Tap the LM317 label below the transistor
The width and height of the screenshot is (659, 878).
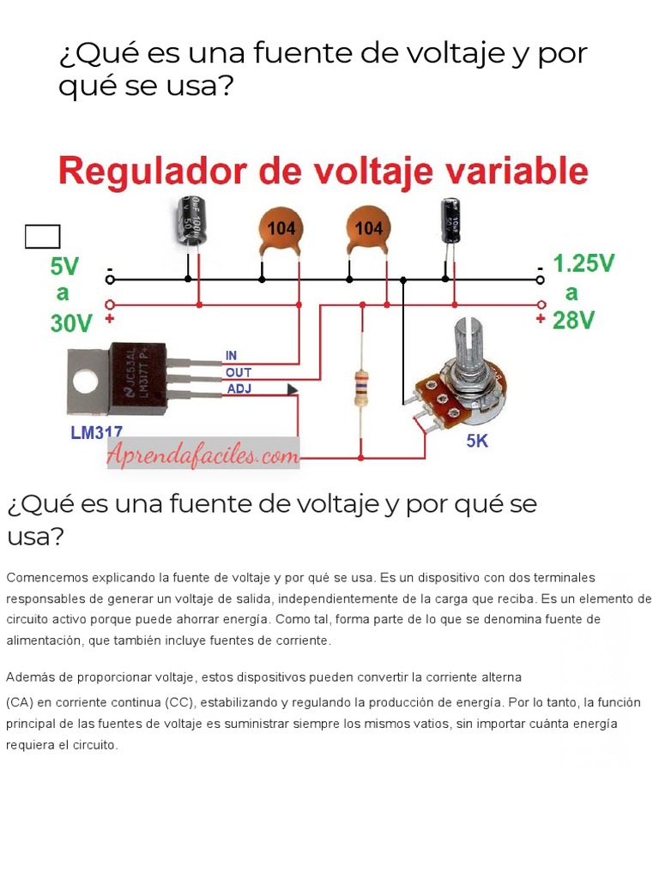point(96,433)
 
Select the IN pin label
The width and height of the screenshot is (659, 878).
point(232,355)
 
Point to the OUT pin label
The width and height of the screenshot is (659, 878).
point(238,372)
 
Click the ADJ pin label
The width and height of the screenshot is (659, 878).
point(239,389)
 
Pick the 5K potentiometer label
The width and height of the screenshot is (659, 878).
point(478,441)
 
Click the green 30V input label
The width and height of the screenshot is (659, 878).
point(70,323)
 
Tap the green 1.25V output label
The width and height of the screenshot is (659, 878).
point(583,264)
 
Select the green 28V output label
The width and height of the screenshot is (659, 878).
point(573,321)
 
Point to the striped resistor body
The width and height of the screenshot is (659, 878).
point(362,388)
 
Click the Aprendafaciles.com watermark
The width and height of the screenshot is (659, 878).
point(203,455)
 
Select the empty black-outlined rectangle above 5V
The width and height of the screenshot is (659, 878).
point(43,237)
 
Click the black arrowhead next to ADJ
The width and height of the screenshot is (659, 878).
point(292,389)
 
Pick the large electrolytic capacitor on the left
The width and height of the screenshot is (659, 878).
point(190,220)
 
